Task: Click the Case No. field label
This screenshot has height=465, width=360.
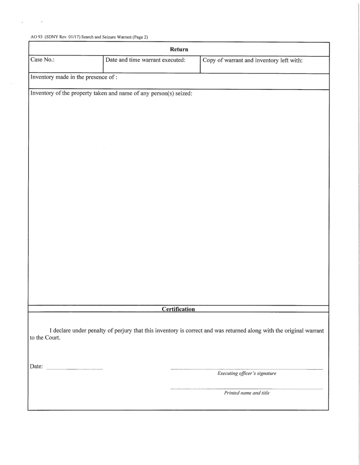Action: (42, 60)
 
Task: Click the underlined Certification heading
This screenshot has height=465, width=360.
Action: (178, 310)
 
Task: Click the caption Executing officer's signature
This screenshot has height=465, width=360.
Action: (247, 374)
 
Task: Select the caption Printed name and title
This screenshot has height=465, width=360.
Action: (247, 393)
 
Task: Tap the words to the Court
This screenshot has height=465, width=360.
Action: (44, 339)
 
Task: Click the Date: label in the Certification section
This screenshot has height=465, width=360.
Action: (36, 366)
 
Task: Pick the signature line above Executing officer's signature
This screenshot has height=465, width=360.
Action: (247, 369)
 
